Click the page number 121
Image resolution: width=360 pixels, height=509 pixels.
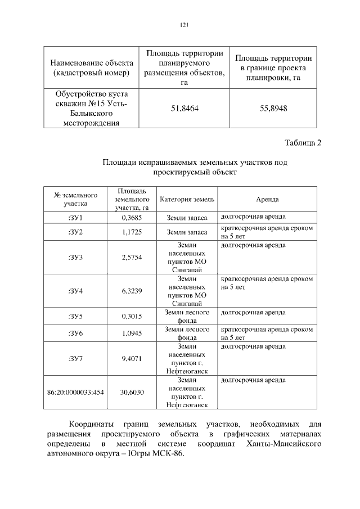[183, 24]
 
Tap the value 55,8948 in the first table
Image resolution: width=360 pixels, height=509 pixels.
[273, 108]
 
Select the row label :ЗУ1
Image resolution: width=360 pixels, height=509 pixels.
[75, 217]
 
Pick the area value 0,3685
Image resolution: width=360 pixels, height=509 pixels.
[131, 217]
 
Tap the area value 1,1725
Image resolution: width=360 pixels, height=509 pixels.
[131, 232]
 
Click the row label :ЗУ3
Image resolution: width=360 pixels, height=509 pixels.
[75, 257]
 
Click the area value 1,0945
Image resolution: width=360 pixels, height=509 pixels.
[131, 334]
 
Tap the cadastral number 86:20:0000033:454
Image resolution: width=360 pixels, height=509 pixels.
[75, 392]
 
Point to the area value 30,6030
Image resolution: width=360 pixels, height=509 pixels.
[131, 392]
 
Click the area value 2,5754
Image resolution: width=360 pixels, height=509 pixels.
[131, 257]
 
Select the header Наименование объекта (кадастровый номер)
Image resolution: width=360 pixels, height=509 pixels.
[91, 67]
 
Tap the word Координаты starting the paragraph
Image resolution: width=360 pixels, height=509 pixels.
[91, 423]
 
